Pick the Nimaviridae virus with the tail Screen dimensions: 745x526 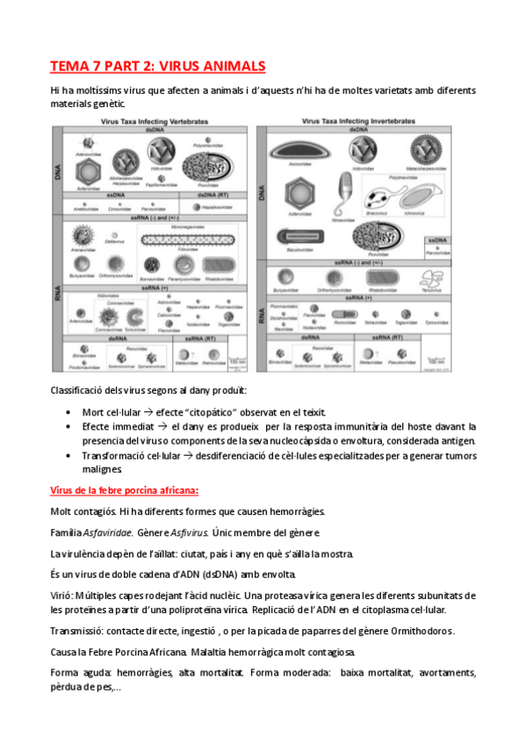point(344,195)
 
